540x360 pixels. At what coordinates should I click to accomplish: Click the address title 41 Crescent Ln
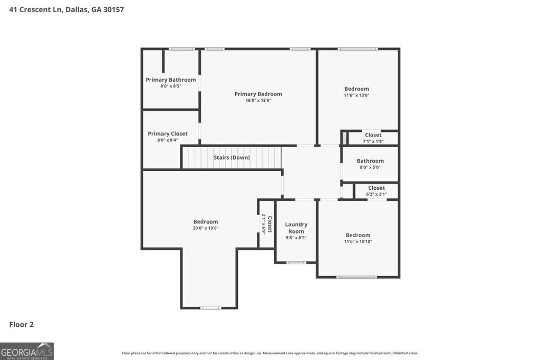point(66,9)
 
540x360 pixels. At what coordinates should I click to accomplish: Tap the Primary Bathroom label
point(171,80)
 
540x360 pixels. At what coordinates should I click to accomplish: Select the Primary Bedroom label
point(258,94)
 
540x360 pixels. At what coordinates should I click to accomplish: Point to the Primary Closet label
point(168,134)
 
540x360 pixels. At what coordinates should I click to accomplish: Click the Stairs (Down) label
point(232,158)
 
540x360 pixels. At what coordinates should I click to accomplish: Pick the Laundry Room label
point(296,228)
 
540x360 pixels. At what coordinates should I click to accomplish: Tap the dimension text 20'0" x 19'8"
point(206,228)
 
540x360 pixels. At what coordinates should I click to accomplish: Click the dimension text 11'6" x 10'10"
point(358,241)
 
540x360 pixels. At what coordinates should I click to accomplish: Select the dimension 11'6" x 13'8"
point(357,95)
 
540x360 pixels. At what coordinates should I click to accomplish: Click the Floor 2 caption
point(22,325)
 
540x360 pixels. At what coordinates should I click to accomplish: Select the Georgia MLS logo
point(27,351)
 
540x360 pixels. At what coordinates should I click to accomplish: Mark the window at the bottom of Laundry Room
point(296,262)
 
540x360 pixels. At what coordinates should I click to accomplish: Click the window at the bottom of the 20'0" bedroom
point(210,308)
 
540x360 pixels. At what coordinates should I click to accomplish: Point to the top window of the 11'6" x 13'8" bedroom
point(358,49)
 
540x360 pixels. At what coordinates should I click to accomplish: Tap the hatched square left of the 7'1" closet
point(344,138)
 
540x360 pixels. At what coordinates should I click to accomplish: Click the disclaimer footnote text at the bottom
point(270,353)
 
